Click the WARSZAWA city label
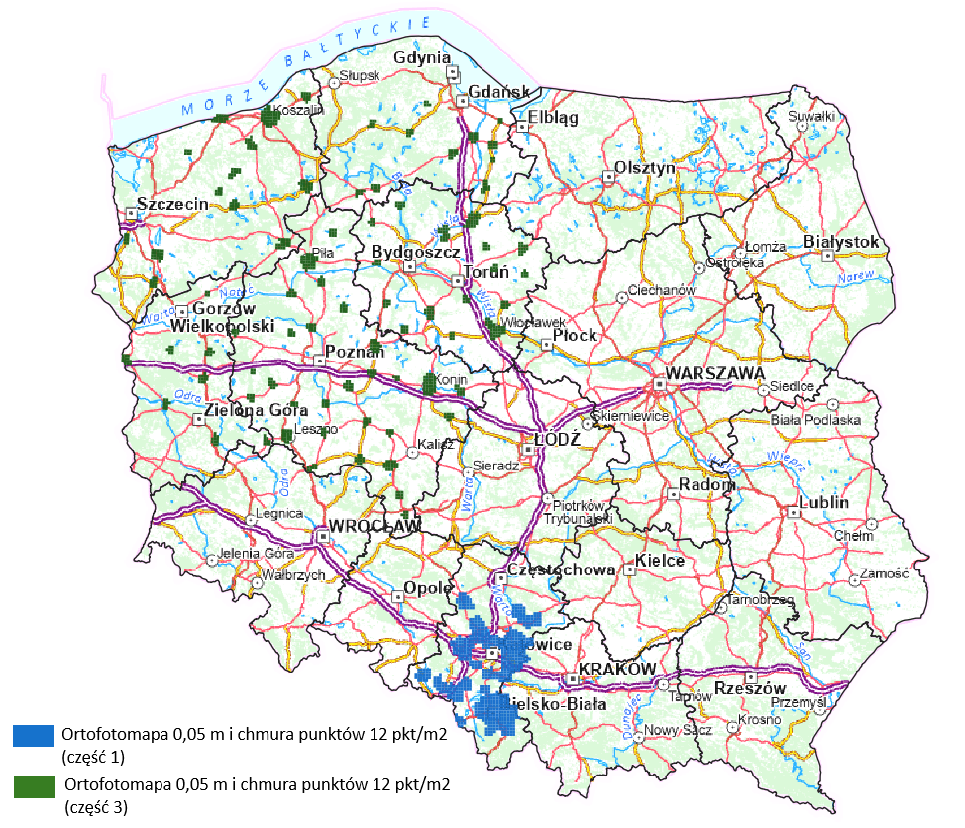(714, 373)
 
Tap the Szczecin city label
(172, 204)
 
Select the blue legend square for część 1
(34, 735)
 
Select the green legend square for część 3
(34, 786)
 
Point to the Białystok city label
(841, 242)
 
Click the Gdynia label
(422, 58)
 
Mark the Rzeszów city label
(749, 688)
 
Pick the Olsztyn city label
(645, 167)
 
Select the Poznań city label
(355, 352)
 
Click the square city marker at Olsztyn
(607, 177)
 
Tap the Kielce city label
(660, 561)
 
